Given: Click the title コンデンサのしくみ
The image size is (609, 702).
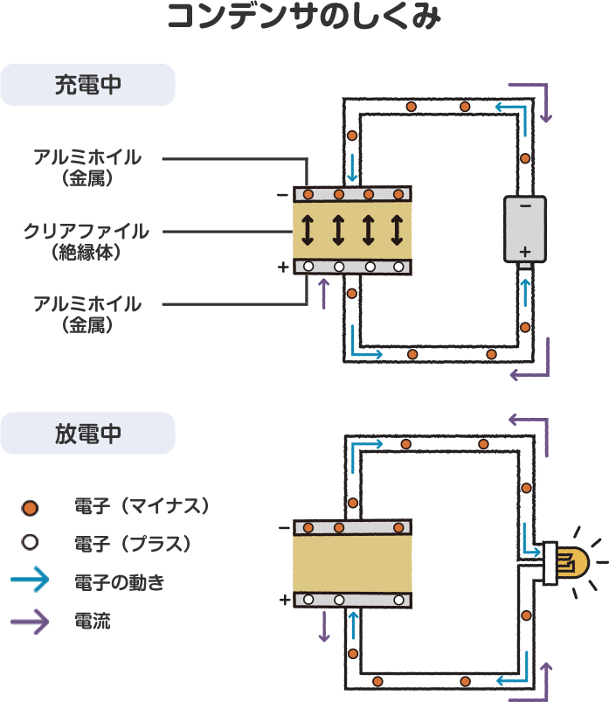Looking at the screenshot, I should pyautogui.click(x=304, y=17).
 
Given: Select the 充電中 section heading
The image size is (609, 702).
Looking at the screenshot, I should pyautogui.click(x=87, y=85).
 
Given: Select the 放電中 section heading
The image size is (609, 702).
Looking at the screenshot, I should pyautogui.click(x=87, y=434).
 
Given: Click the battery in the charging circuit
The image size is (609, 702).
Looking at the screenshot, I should pyautogui.click(x=525, y=229).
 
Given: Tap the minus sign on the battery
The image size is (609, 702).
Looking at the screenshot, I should pyautogui.click(x=525, y=207).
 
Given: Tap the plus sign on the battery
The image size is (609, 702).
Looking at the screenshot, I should pyautogui.click(x=525, y=250).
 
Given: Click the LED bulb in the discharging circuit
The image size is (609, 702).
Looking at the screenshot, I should pyautogui.click(x=568, y=561).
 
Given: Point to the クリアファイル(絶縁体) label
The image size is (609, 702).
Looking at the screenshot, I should pyautogui.click(x=86, y=241).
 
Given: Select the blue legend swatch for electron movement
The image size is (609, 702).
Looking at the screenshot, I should pyautogui.click(x=30, y=580).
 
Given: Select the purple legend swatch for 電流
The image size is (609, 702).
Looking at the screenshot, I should pyautogui.click(x=30, y=621).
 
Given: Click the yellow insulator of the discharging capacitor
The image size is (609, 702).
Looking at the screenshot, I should pyautogui.click(x=352, y=564).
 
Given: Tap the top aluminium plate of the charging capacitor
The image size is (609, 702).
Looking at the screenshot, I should pyautogui.click(x=352, y=194).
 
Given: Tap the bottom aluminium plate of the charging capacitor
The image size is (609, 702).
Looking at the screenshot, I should pyautogui.click(x=352, y=267).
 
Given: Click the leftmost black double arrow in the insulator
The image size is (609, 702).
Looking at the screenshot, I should pyautogui.click(x=307, y=230).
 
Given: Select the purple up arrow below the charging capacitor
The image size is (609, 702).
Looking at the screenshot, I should pyautogui.click(x=324, y=294).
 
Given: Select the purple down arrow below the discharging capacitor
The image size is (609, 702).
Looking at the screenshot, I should pyautogui.click(x=324, y=626).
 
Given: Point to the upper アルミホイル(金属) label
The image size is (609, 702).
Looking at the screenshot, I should pyautogui.click(x=87, y=167).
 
